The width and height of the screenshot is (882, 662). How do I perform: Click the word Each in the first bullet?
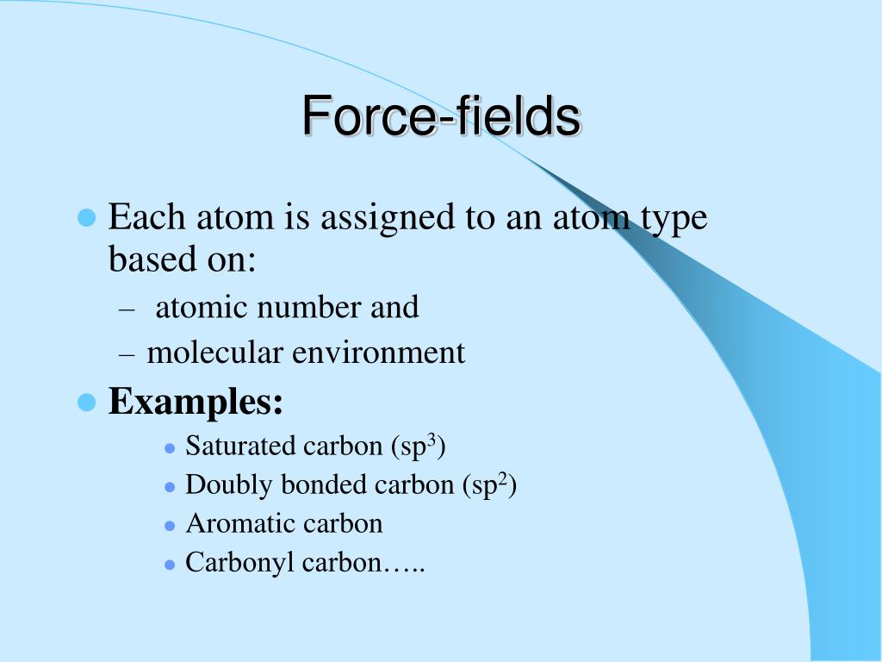[x=140, y=216]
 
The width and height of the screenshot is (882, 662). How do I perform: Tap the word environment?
[x=380, y=353]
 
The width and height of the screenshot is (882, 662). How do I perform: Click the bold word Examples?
[x=196, y=401]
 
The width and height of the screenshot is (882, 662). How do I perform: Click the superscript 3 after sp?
[x=435, y=440]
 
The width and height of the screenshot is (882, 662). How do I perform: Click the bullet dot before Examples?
[x=86, y=402]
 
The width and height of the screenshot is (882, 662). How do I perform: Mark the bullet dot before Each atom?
[x=86, y=217]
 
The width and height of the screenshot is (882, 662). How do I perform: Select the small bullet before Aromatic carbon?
[x=170, y=525]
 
